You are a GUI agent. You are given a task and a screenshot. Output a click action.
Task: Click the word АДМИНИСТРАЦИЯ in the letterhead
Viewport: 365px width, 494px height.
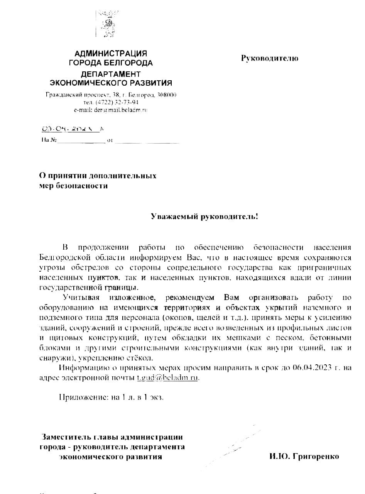[110, 54]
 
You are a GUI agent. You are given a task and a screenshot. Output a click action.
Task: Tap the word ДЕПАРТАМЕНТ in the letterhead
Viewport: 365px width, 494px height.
[111, 74]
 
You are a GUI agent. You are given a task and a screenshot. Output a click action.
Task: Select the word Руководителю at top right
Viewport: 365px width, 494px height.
[270, 58]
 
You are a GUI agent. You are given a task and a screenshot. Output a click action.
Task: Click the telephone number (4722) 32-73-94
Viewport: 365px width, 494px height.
[117, 102]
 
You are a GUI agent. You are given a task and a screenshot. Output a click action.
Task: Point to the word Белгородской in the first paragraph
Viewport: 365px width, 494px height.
[63, 257]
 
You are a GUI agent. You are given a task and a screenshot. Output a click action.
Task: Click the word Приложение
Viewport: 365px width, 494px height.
[82, 398]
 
